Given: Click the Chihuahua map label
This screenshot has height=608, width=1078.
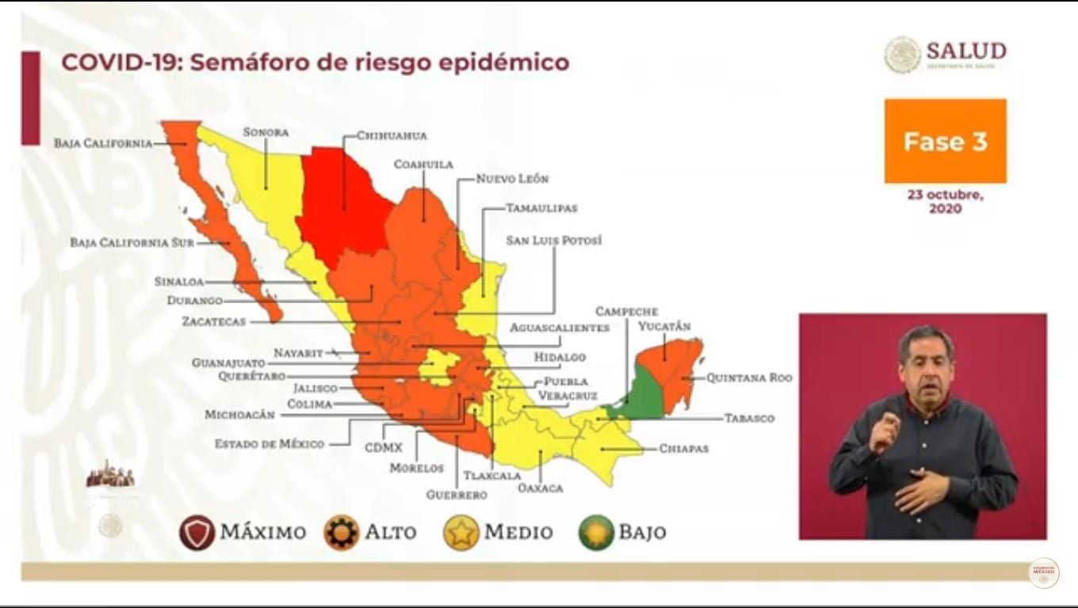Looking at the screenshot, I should pyautogui.click(x=392, y=135).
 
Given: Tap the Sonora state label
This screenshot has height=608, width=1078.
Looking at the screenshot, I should pyautogui.click(x=266, y=132).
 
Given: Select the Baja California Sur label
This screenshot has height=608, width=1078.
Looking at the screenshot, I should pyautogui.click(x=132, y=243).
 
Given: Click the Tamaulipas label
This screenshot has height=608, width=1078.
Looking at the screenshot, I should pyautogui.click(x=542, y=208).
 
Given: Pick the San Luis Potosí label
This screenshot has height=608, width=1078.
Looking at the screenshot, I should pyautogui.click(x=554, y=240).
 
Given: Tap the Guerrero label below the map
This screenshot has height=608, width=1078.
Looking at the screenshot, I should pyautogui.click(x=456, y=495).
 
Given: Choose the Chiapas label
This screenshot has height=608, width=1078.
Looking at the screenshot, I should pyautogui.click(x=683, y=448).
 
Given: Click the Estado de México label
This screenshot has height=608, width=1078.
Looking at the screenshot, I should pyautogui.click(x=269, y=444).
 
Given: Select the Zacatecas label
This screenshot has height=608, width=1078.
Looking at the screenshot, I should pyautogui.click(x=214, y=322).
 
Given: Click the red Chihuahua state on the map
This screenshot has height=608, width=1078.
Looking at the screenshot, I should pyautogui.click(x=345, y=198).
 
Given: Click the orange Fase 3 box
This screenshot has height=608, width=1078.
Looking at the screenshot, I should pyautogui.click(x=945, y=142).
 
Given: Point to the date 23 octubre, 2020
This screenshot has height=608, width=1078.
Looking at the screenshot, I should pyautogui.click(x=945, y=202).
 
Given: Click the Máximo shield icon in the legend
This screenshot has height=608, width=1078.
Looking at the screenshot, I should pyautogui.click(x=197, y=532).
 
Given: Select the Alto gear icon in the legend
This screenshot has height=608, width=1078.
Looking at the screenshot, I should pyautogui.click(x=342, y=532).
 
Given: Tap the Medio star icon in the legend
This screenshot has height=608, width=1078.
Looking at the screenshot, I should pyautogui.click(x=461, y=532).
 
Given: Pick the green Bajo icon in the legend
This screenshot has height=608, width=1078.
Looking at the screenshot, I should pyautogui.click(x=596, y=532).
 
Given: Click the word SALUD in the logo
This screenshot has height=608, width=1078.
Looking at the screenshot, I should pyautogui.click(x=965, y=51).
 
